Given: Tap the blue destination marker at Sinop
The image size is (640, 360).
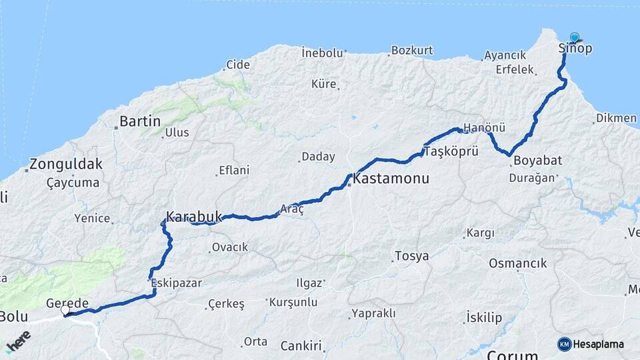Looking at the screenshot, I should pos(574,38).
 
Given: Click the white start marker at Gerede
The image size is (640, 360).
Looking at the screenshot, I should pos(65,311).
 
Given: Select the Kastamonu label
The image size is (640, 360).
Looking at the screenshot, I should pos(391,179).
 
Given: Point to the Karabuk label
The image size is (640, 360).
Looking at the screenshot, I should pos(193,217).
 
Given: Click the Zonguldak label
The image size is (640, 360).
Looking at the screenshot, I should pos(66,164).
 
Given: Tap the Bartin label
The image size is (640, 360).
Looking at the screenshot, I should pos(139,121).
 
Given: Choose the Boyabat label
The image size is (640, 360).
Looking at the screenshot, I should pos(538,160).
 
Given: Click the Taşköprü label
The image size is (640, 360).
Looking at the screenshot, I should pos(451,151).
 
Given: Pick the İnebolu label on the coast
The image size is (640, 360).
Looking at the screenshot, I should pos(322,52).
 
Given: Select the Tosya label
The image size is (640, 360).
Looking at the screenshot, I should pos(411,256).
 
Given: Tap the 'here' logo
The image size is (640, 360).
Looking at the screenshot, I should pos(18,340).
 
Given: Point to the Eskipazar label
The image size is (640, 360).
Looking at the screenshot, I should pos(177,283).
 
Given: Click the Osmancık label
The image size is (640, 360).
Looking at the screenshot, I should pos(517,263).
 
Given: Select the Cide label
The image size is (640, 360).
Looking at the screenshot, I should pos(238,65).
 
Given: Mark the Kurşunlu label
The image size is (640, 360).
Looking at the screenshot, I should pos(293,302).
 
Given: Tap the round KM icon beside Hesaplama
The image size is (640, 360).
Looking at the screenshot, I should pos(564,344).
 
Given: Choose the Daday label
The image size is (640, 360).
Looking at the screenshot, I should pos(318,157).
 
